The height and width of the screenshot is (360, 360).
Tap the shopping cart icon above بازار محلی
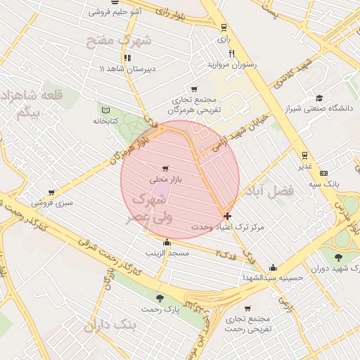point(165,169)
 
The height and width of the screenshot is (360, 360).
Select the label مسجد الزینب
point(167,252)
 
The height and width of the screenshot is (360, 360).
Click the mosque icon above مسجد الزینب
point(167,243)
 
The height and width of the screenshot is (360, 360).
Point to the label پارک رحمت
point(161,309)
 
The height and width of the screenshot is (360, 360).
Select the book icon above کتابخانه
point(106,110)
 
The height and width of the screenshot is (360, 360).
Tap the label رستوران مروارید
point(232,64)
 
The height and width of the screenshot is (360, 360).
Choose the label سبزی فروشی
point(50,203)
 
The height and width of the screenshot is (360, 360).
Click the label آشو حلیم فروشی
point(116,12)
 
